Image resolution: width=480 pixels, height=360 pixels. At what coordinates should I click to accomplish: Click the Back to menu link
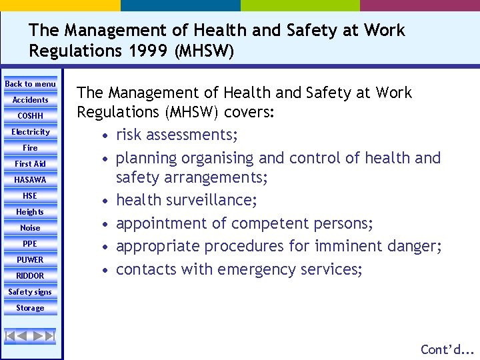tap(30, 84)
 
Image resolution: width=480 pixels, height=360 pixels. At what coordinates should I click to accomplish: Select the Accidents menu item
tap(30, 100)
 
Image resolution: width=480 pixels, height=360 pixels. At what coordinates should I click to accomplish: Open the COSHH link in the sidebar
tap(30, 116)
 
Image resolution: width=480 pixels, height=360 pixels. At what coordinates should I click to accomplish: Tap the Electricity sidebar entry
tap(30, 132)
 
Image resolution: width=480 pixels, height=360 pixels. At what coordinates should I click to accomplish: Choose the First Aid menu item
tap(30, 164)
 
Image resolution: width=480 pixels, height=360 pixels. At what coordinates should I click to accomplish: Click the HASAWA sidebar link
tap(30, 180)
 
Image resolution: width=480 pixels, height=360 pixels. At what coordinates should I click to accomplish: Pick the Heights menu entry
tap(30, 212)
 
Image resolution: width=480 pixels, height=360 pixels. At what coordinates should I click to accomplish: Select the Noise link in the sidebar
tap(30, 228)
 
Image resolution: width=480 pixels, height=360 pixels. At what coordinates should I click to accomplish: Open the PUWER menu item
tap(30, 260)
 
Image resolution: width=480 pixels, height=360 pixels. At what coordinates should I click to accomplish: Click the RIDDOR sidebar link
tap(30, 276)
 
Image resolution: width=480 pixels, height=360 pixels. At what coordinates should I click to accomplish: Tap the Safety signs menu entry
tap(30, 292)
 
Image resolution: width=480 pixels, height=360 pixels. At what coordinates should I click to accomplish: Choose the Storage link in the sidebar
tap(30, 308)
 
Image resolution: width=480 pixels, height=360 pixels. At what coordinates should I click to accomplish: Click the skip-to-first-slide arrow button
tap(12, 336)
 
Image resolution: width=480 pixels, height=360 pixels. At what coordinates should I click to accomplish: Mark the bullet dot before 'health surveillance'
tap(105, 201)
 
